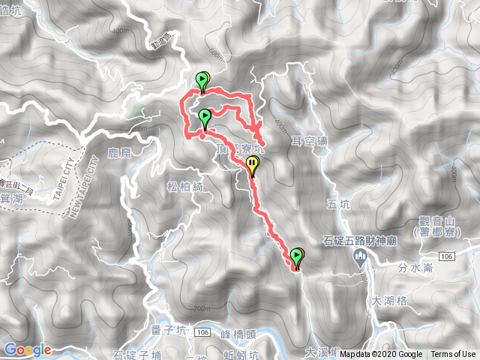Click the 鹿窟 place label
[x=120, y=152]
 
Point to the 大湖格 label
[x=388, y=300]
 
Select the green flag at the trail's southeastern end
[x=297, y=257]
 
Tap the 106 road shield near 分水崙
[x=448, y=256]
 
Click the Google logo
[x=27, y=349]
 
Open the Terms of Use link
[x=453, y=355]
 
